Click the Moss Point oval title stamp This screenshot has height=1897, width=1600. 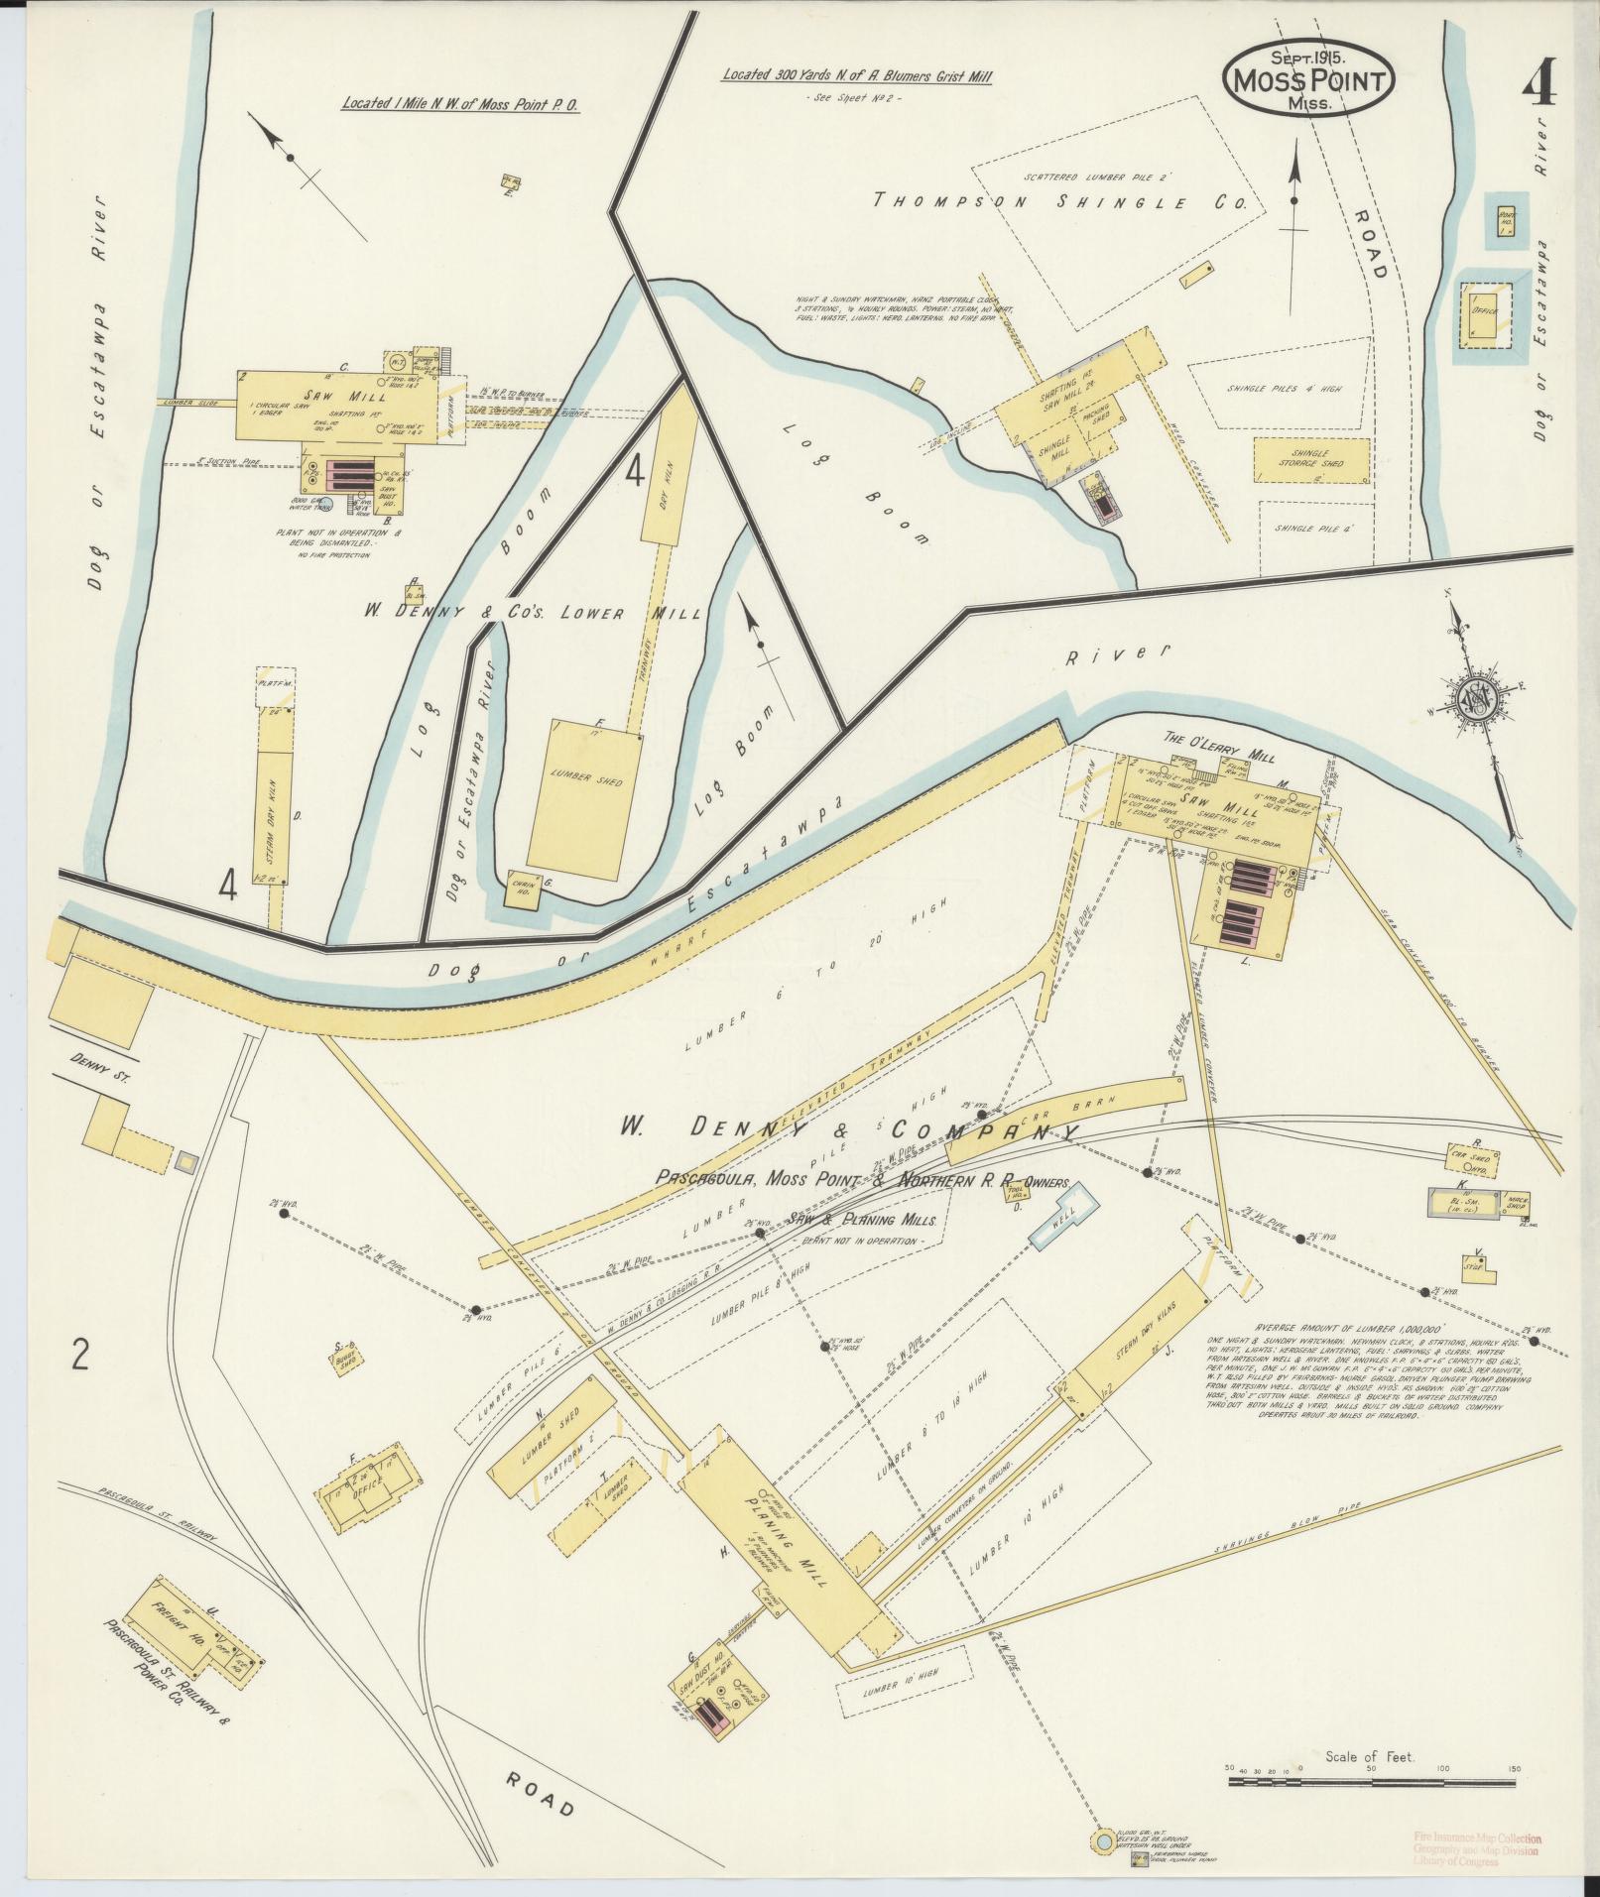click(1307, 80)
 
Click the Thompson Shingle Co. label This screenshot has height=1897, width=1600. click(1058, 202)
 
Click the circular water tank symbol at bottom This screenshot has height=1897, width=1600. click(1102, 1841)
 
